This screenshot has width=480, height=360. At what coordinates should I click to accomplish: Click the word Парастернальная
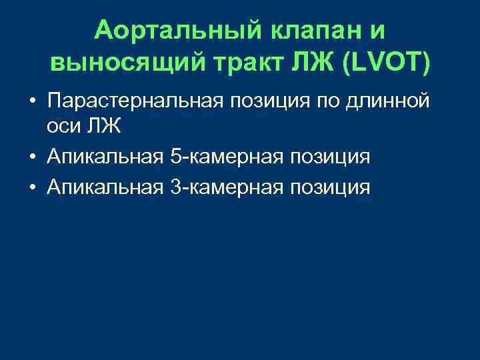[x=137, y=101]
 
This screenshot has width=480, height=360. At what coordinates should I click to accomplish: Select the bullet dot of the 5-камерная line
[x=32, y=158]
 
